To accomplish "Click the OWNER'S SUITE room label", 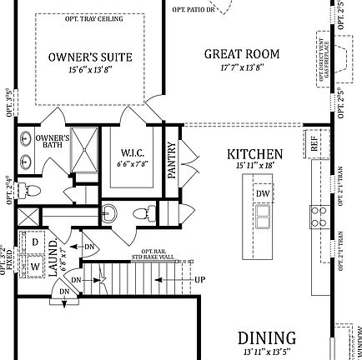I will pos(90,57).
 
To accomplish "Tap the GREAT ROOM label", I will pos(242,54).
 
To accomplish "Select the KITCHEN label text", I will pos(255,154).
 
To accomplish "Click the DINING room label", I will pos(266,337).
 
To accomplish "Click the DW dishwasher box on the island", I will pos(263,193).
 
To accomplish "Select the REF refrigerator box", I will pos(314,144).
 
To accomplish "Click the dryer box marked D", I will pos(35,242).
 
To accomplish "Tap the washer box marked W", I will pos(35,267).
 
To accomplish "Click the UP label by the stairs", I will pos(199,279).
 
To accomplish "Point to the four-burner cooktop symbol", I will pos(319,217).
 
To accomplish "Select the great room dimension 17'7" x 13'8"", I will pos(242,67).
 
